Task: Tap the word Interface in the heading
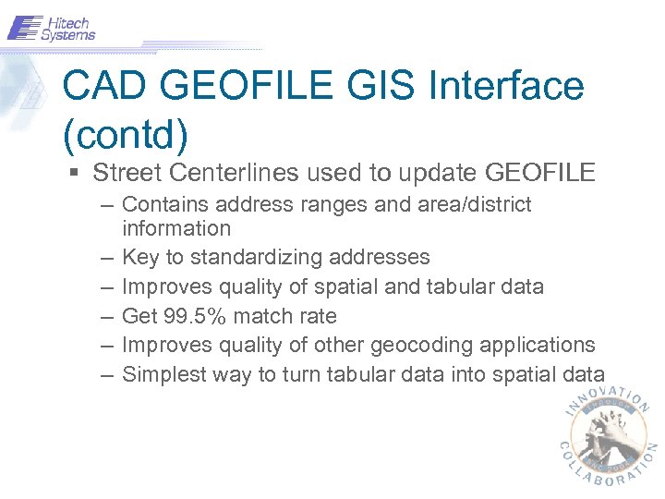[506, 87]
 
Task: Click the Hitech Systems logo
[52, 28]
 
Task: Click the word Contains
[160, 204]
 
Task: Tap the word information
[176, 227]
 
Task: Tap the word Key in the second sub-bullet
[139, 257]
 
